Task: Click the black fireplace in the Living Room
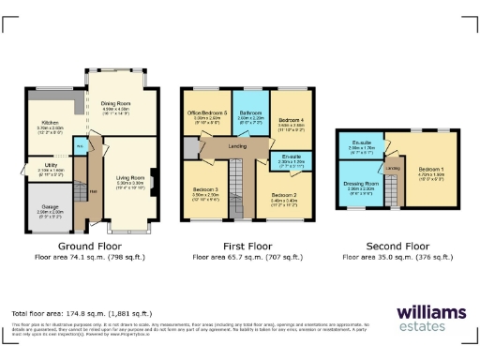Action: [x=151, y=179]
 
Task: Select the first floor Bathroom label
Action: [x=250, y=113]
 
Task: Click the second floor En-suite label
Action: [x=361, y=144]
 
